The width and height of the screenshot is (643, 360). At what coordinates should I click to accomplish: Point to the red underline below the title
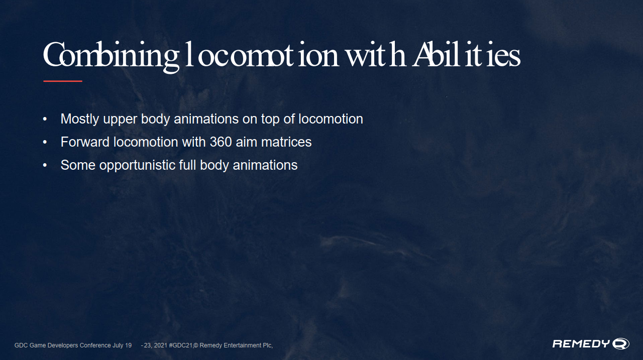pos(63,81)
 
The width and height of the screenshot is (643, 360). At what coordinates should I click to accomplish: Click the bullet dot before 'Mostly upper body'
pos(45,119)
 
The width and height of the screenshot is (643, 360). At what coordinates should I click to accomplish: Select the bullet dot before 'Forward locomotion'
pos(45,142)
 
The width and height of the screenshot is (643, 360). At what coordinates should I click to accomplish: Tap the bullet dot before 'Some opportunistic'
pos(45,165)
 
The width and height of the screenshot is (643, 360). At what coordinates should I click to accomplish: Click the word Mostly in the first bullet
pos(80,119)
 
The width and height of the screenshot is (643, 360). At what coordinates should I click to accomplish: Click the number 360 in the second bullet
pos(221,142)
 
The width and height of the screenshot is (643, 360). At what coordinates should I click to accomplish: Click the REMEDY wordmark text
pos(581,343)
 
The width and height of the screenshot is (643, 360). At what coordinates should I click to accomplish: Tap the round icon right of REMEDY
pos(620,343)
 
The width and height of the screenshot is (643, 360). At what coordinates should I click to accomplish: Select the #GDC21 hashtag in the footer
pos(180,345)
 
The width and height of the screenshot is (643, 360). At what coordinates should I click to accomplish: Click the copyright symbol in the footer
pos(196,345)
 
